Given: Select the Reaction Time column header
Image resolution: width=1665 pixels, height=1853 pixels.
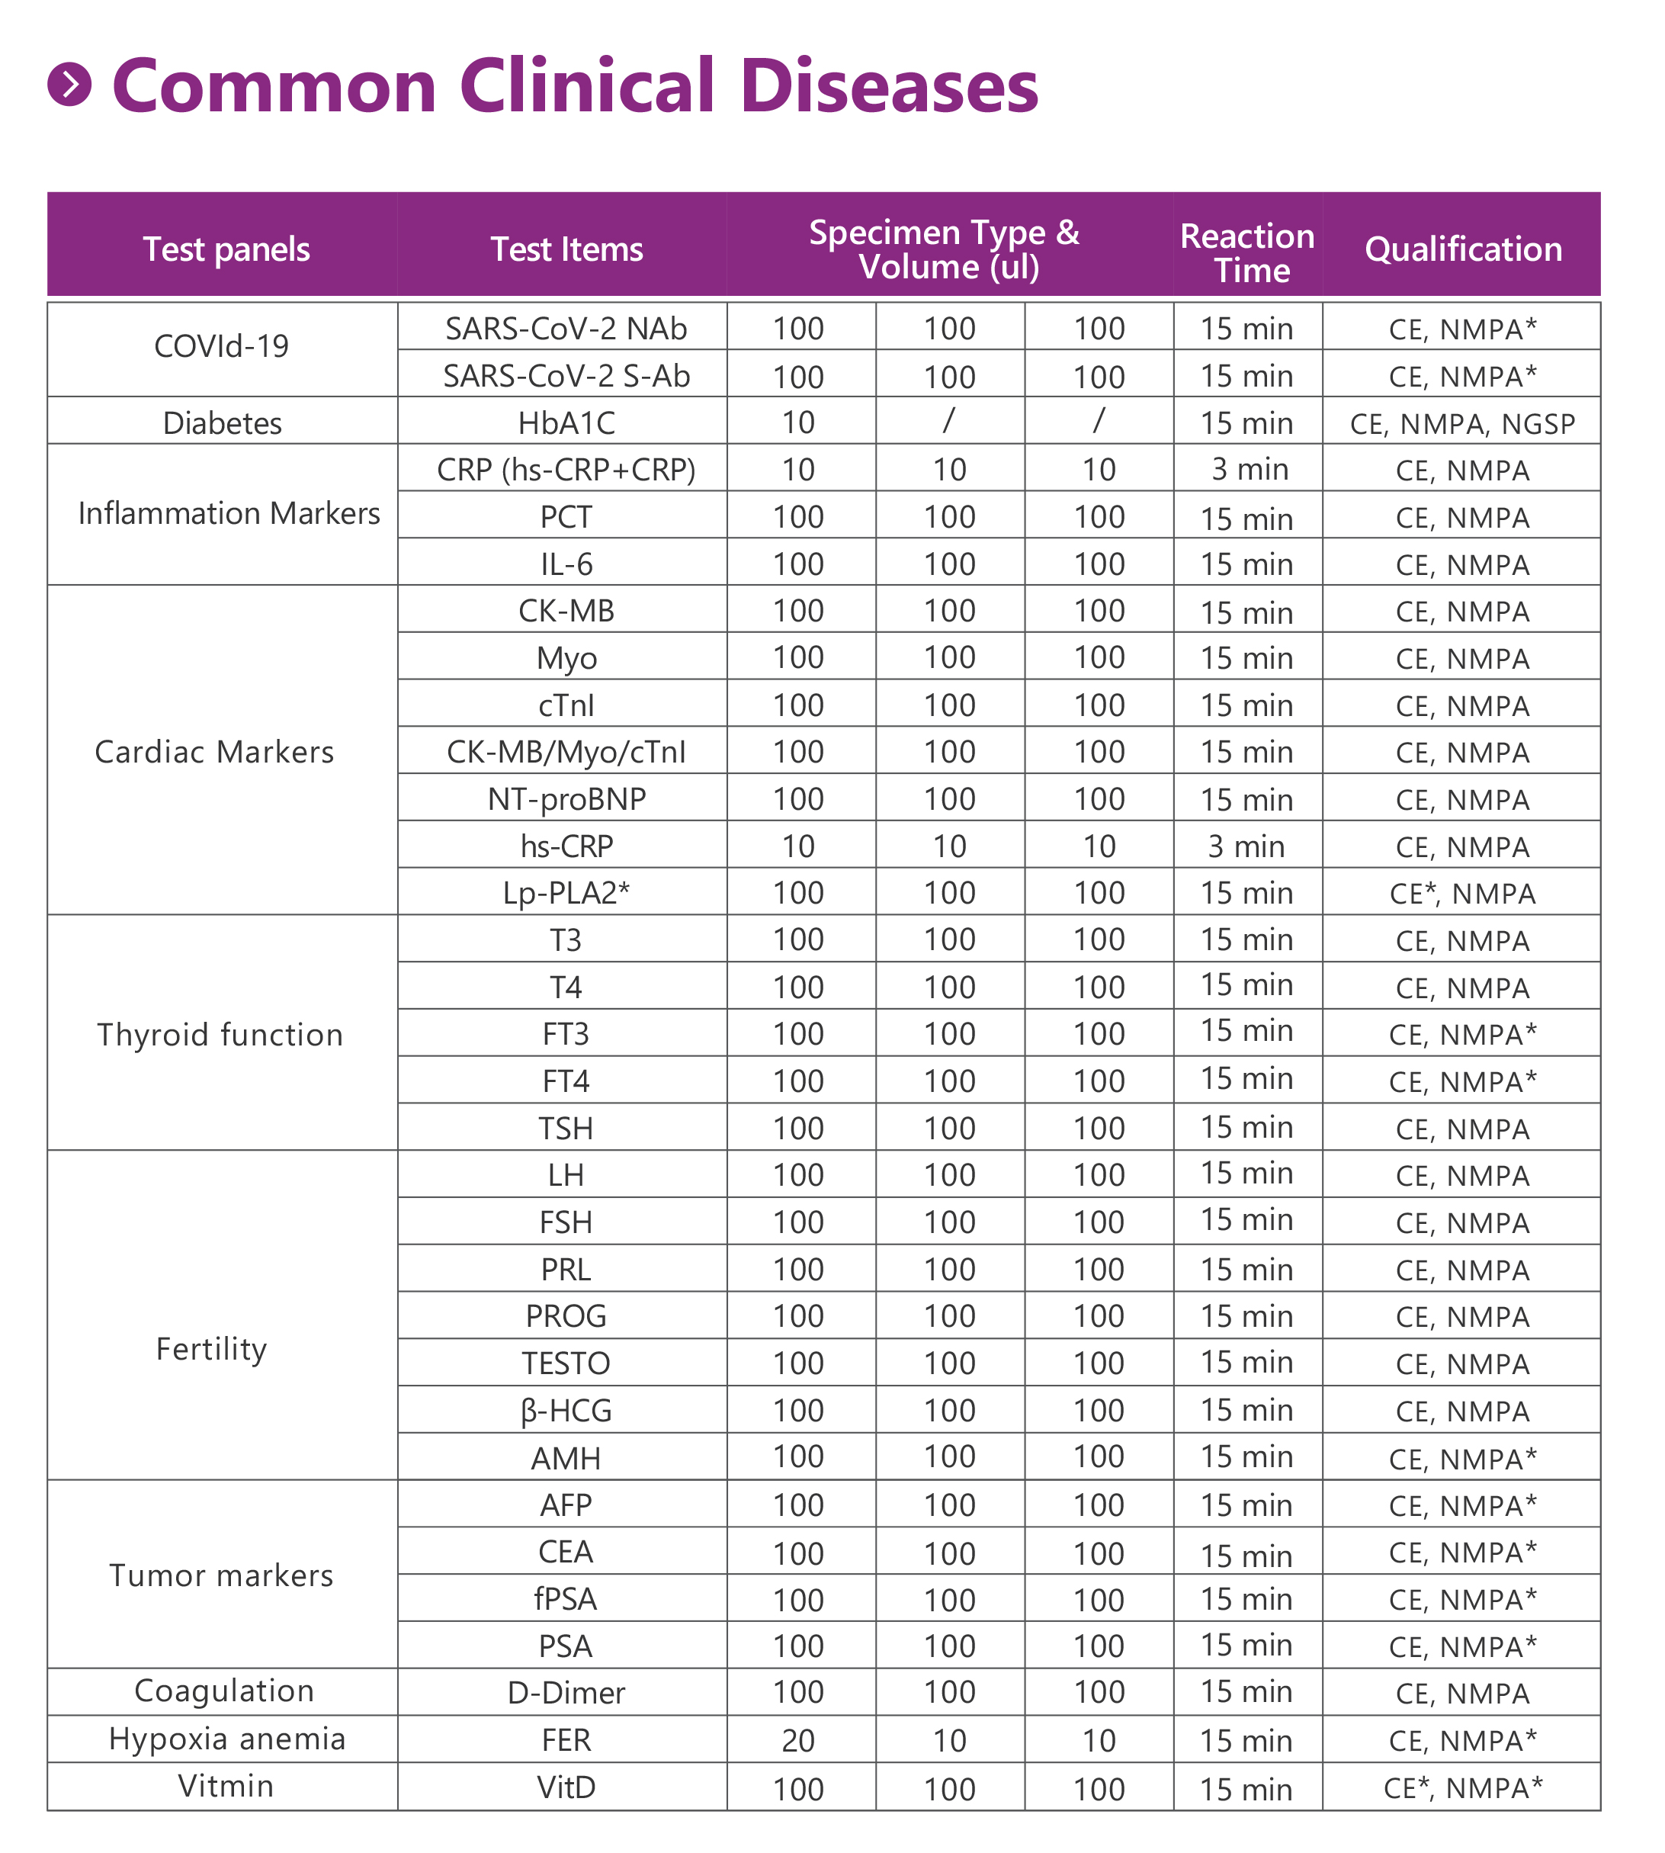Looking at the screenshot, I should tap(1247, 252).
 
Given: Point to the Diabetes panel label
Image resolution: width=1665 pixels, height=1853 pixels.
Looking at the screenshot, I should tap(223, 422).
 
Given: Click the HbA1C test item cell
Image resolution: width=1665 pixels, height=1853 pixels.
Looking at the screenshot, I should tap(566, 422).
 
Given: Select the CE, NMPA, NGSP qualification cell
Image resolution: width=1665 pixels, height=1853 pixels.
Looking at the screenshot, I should tap(1462, 424).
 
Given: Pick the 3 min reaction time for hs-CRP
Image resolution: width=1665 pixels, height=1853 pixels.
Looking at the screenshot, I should tap(1246, 846).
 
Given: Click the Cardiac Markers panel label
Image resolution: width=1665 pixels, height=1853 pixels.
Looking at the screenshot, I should tap(215, 752).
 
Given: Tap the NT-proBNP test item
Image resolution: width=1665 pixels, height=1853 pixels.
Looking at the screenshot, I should tap(566, 800).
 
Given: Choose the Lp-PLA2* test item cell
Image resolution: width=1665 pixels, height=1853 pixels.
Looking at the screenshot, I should tap(566, 893).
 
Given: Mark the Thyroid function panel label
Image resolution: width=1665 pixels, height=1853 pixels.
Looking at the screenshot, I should tap(220, 1035).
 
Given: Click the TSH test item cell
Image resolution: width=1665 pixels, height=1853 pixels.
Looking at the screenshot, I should tap(566, 1129).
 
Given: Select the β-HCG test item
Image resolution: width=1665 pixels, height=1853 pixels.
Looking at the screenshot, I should tap(566, 1410).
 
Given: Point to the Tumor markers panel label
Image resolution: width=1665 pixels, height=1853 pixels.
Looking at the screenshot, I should tap(221, 1575).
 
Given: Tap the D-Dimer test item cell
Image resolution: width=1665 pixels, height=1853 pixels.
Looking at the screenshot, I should tap(566, 1693).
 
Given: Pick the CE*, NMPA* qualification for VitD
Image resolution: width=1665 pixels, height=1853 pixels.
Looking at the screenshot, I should tap(1462, 1787).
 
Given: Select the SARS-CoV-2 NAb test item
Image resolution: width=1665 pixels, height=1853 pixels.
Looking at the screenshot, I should tap(566, 329).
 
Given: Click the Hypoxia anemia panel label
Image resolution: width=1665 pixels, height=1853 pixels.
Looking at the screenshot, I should tap(227, 1739).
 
